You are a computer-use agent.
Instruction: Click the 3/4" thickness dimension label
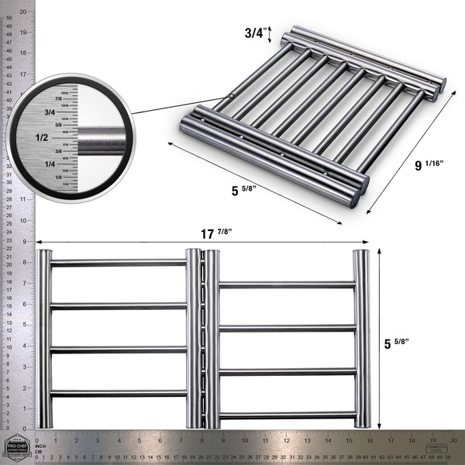click(254, 33)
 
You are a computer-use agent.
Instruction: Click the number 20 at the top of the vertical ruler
click(23, 12)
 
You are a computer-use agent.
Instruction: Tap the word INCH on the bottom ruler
click(41, 446)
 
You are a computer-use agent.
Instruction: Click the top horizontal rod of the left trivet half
click(118, 263)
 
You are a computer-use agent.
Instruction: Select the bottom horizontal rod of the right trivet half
click(287, 415)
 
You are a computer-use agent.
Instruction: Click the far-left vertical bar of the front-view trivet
click(45, 339)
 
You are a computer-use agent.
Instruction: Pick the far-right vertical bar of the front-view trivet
click(361, 339)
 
